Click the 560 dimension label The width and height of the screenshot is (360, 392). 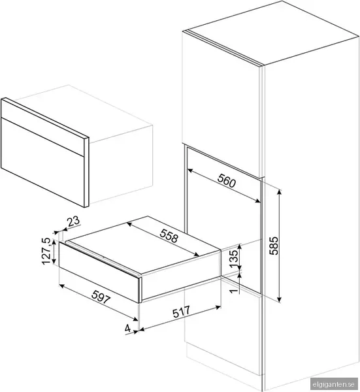(x=227, y=181)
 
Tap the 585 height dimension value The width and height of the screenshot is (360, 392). (x=274, y=246)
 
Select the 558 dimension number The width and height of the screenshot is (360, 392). (x=169, y=235)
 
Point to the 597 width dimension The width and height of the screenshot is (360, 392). (x=101, y=297)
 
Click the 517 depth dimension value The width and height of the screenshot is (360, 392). (x=181, y=312)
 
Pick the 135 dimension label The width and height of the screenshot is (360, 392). (x=234, y=259)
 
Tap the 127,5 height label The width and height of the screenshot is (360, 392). (x=46, y=251)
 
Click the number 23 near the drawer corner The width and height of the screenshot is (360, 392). (x=73, y=221)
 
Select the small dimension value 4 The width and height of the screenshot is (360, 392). (x=128, y=328)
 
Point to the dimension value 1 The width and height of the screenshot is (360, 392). (x=234, y=291)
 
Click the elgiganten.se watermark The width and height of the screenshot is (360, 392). (x=333, y=384)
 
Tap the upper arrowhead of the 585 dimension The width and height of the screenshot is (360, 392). (x=280, y=191)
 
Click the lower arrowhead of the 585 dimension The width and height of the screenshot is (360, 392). (x=280, y=299)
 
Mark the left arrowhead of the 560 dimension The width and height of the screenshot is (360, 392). (x=190, y=171)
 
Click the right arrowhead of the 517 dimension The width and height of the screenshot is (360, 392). (x=218, y=307)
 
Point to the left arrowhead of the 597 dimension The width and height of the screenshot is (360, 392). (x=61, y=286)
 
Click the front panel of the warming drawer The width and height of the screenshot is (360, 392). (x=99, y=270)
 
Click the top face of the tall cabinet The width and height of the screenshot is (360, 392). (x=271, y=33)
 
